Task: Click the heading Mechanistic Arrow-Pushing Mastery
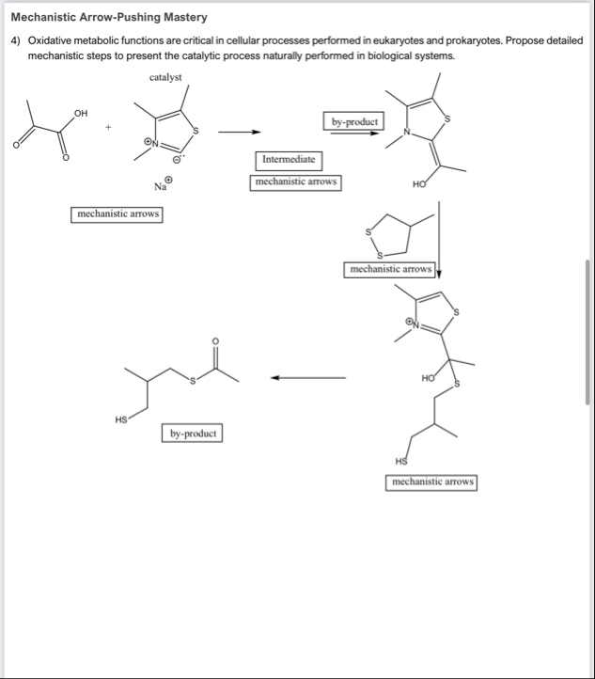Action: point(109,18)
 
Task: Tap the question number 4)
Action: point(16,41)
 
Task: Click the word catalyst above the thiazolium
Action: point(165,77)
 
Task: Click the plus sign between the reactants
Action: point(109,125)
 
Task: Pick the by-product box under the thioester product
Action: point(192,434)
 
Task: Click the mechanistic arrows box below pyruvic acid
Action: point(118,214)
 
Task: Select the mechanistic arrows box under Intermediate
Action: point(296,182)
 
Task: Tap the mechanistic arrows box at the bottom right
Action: point(431,482)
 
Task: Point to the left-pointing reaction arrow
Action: point(308,379)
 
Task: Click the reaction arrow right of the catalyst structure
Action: point(240,132)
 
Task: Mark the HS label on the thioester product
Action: point(120,420)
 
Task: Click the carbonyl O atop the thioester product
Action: point(214,339)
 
